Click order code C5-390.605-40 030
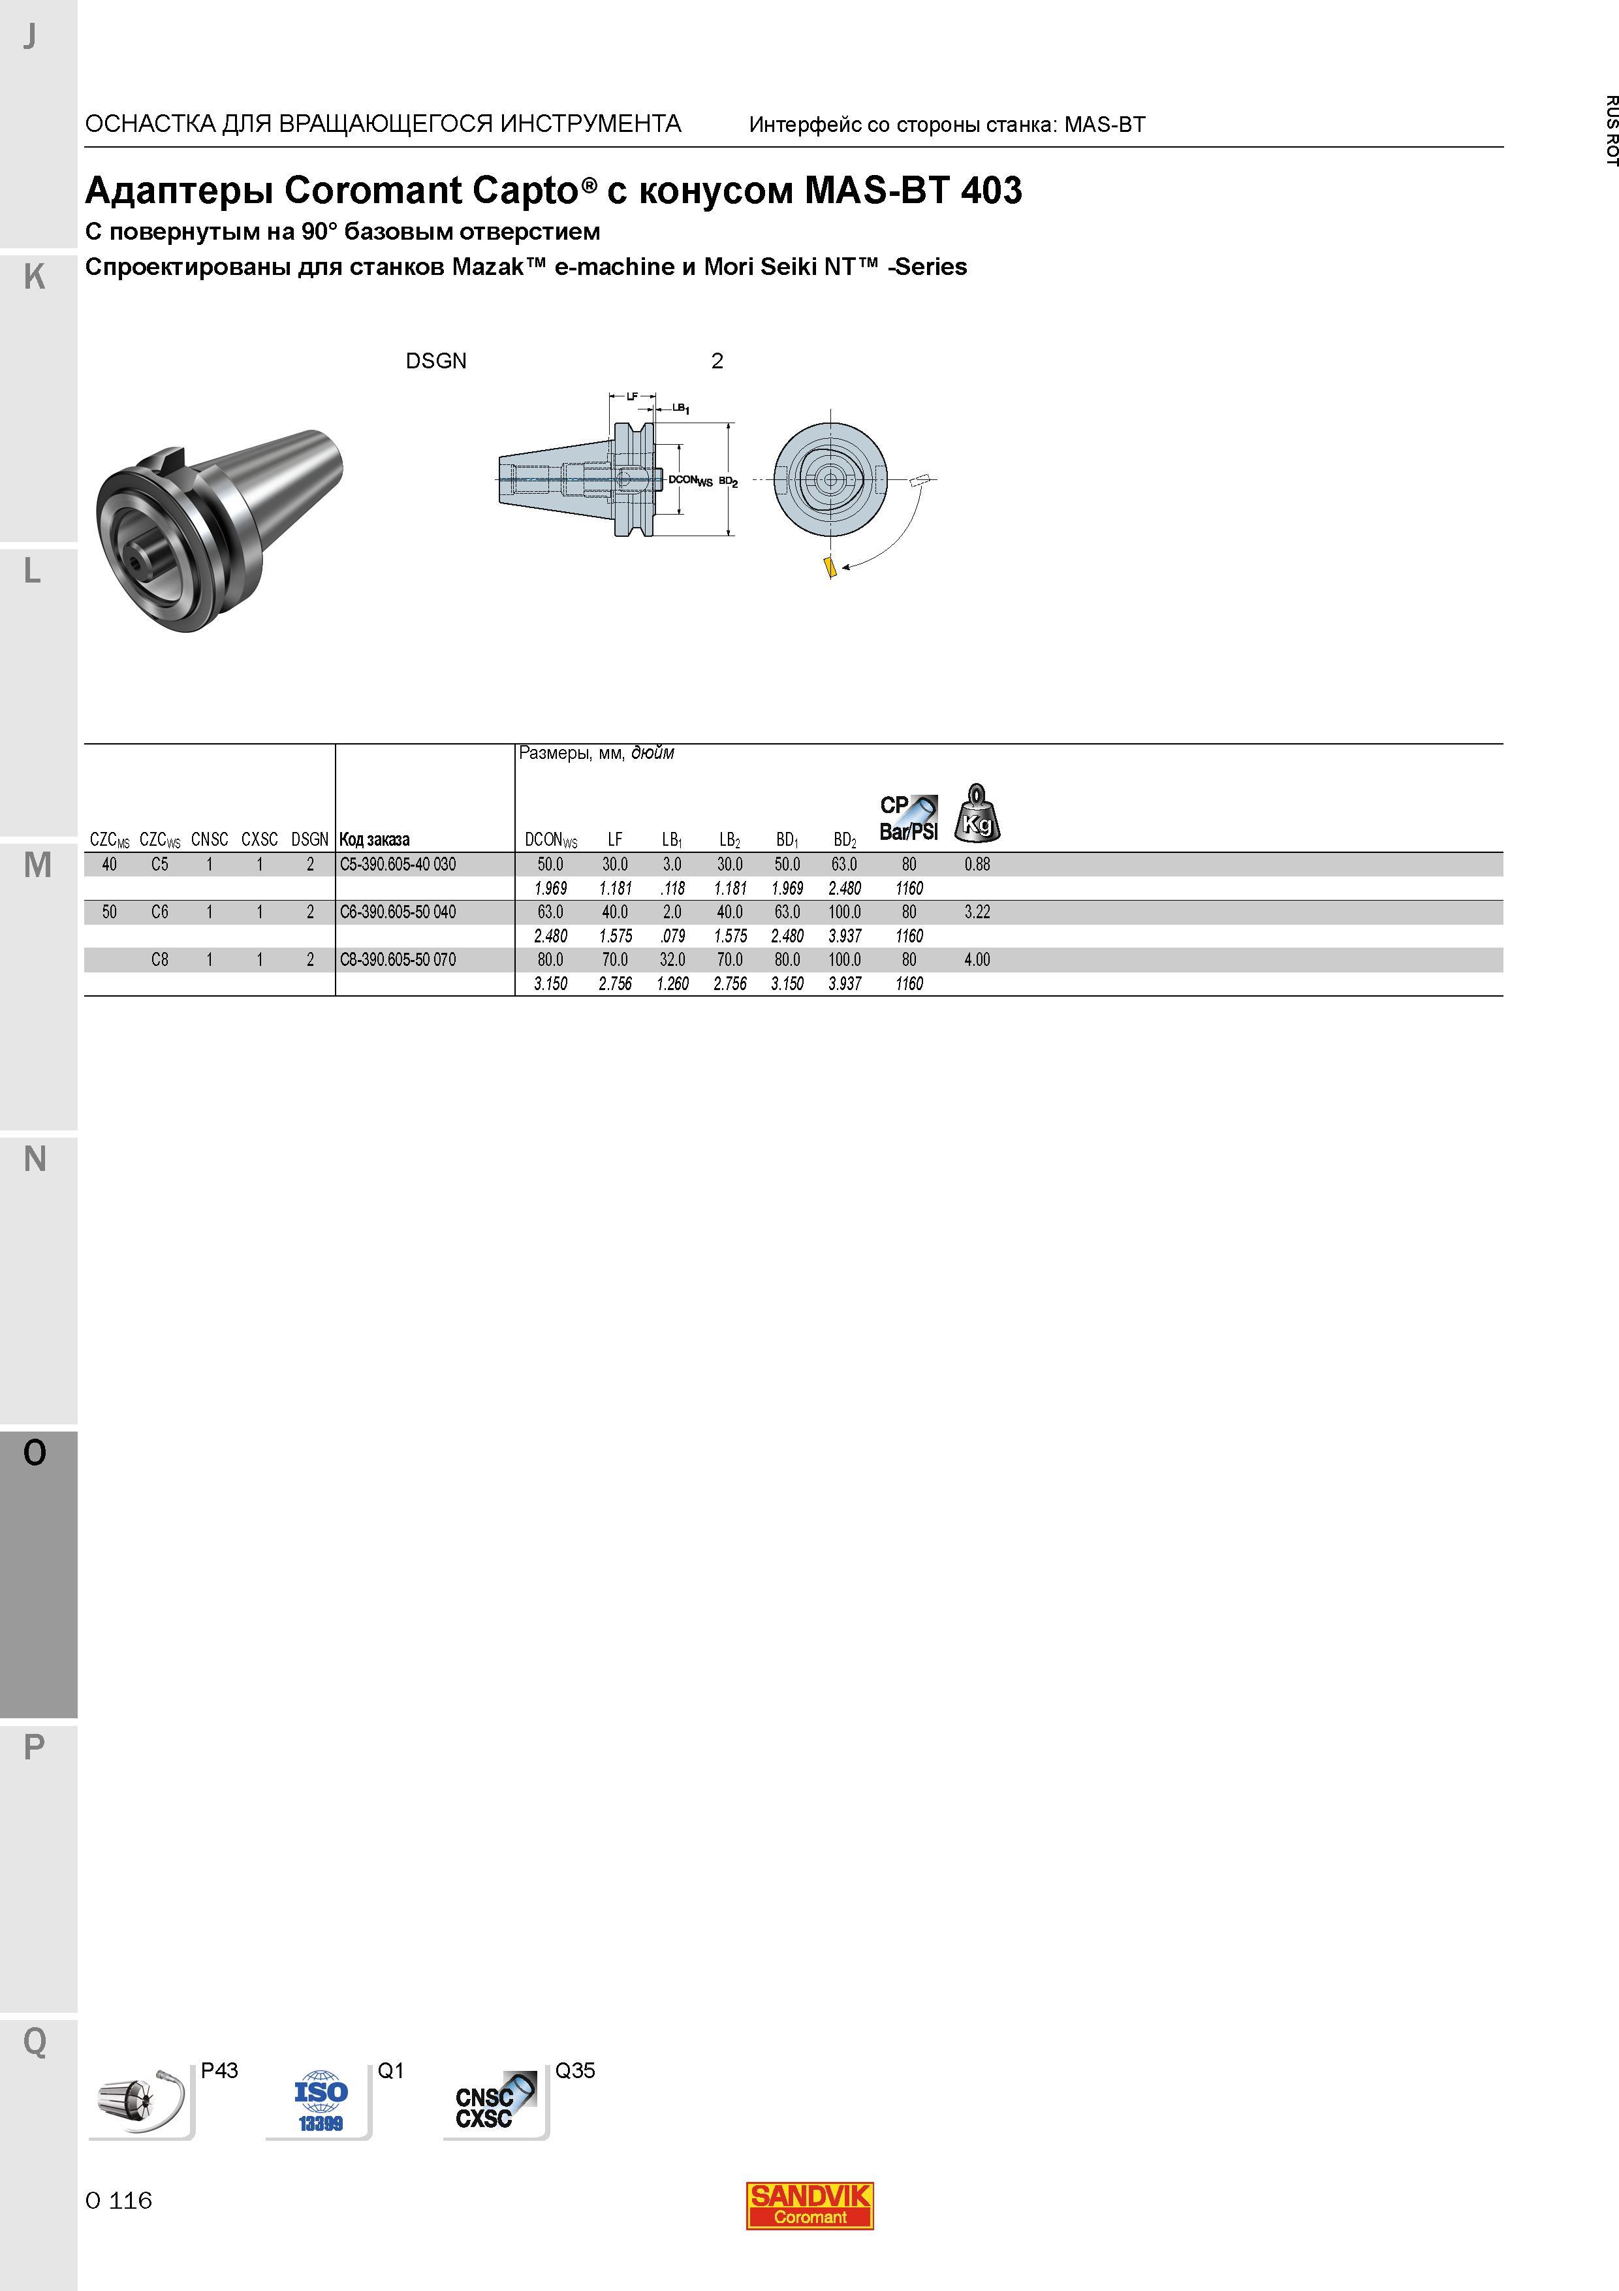(x=397, y=864)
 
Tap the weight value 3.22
(x=977, y=912)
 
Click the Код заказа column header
(x=374, y=839)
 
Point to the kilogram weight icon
(x=977, y=813)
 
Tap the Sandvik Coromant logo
(x=809, y=2205)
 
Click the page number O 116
(x=119, y=2200)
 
